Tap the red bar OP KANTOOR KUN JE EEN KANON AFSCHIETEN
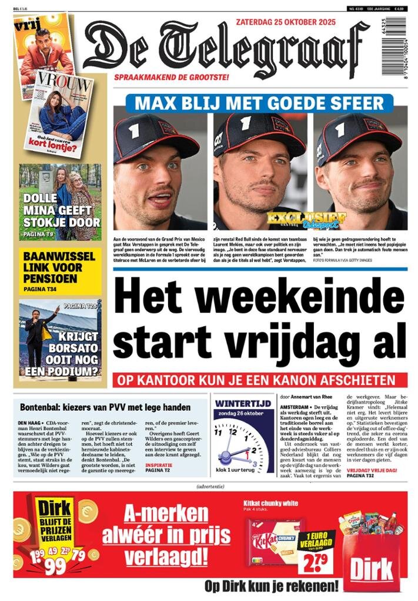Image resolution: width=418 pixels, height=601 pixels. pyautogui.click(x=260, y=379)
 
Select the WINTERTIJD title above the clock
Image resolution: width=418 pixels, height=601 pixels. pyautogui.click(x=243, y=404)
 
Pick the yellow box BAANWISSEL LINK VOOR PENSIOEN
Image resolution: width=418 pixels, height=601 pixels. pyautogui.click(x=59, y=272)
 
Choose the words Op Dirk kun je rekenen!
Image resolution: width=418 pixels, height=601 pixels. pyautogui.click(x=272, y=586)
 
